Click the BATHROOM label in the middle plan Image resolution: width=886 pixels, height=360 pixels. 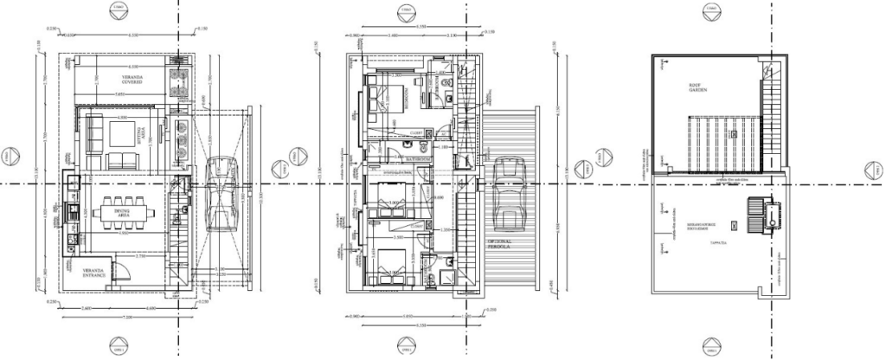point(421,160)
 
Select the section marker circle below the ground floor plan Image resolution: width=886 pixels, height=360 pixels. point(120,347)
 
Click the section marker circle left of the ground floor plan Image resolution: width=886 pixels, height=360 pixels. point(10,155)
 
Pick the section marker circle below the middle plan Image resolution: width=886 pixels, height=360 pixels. point(406,347)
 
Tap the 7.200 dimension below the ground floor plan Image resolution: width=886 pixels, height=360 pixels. point(129,318)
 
